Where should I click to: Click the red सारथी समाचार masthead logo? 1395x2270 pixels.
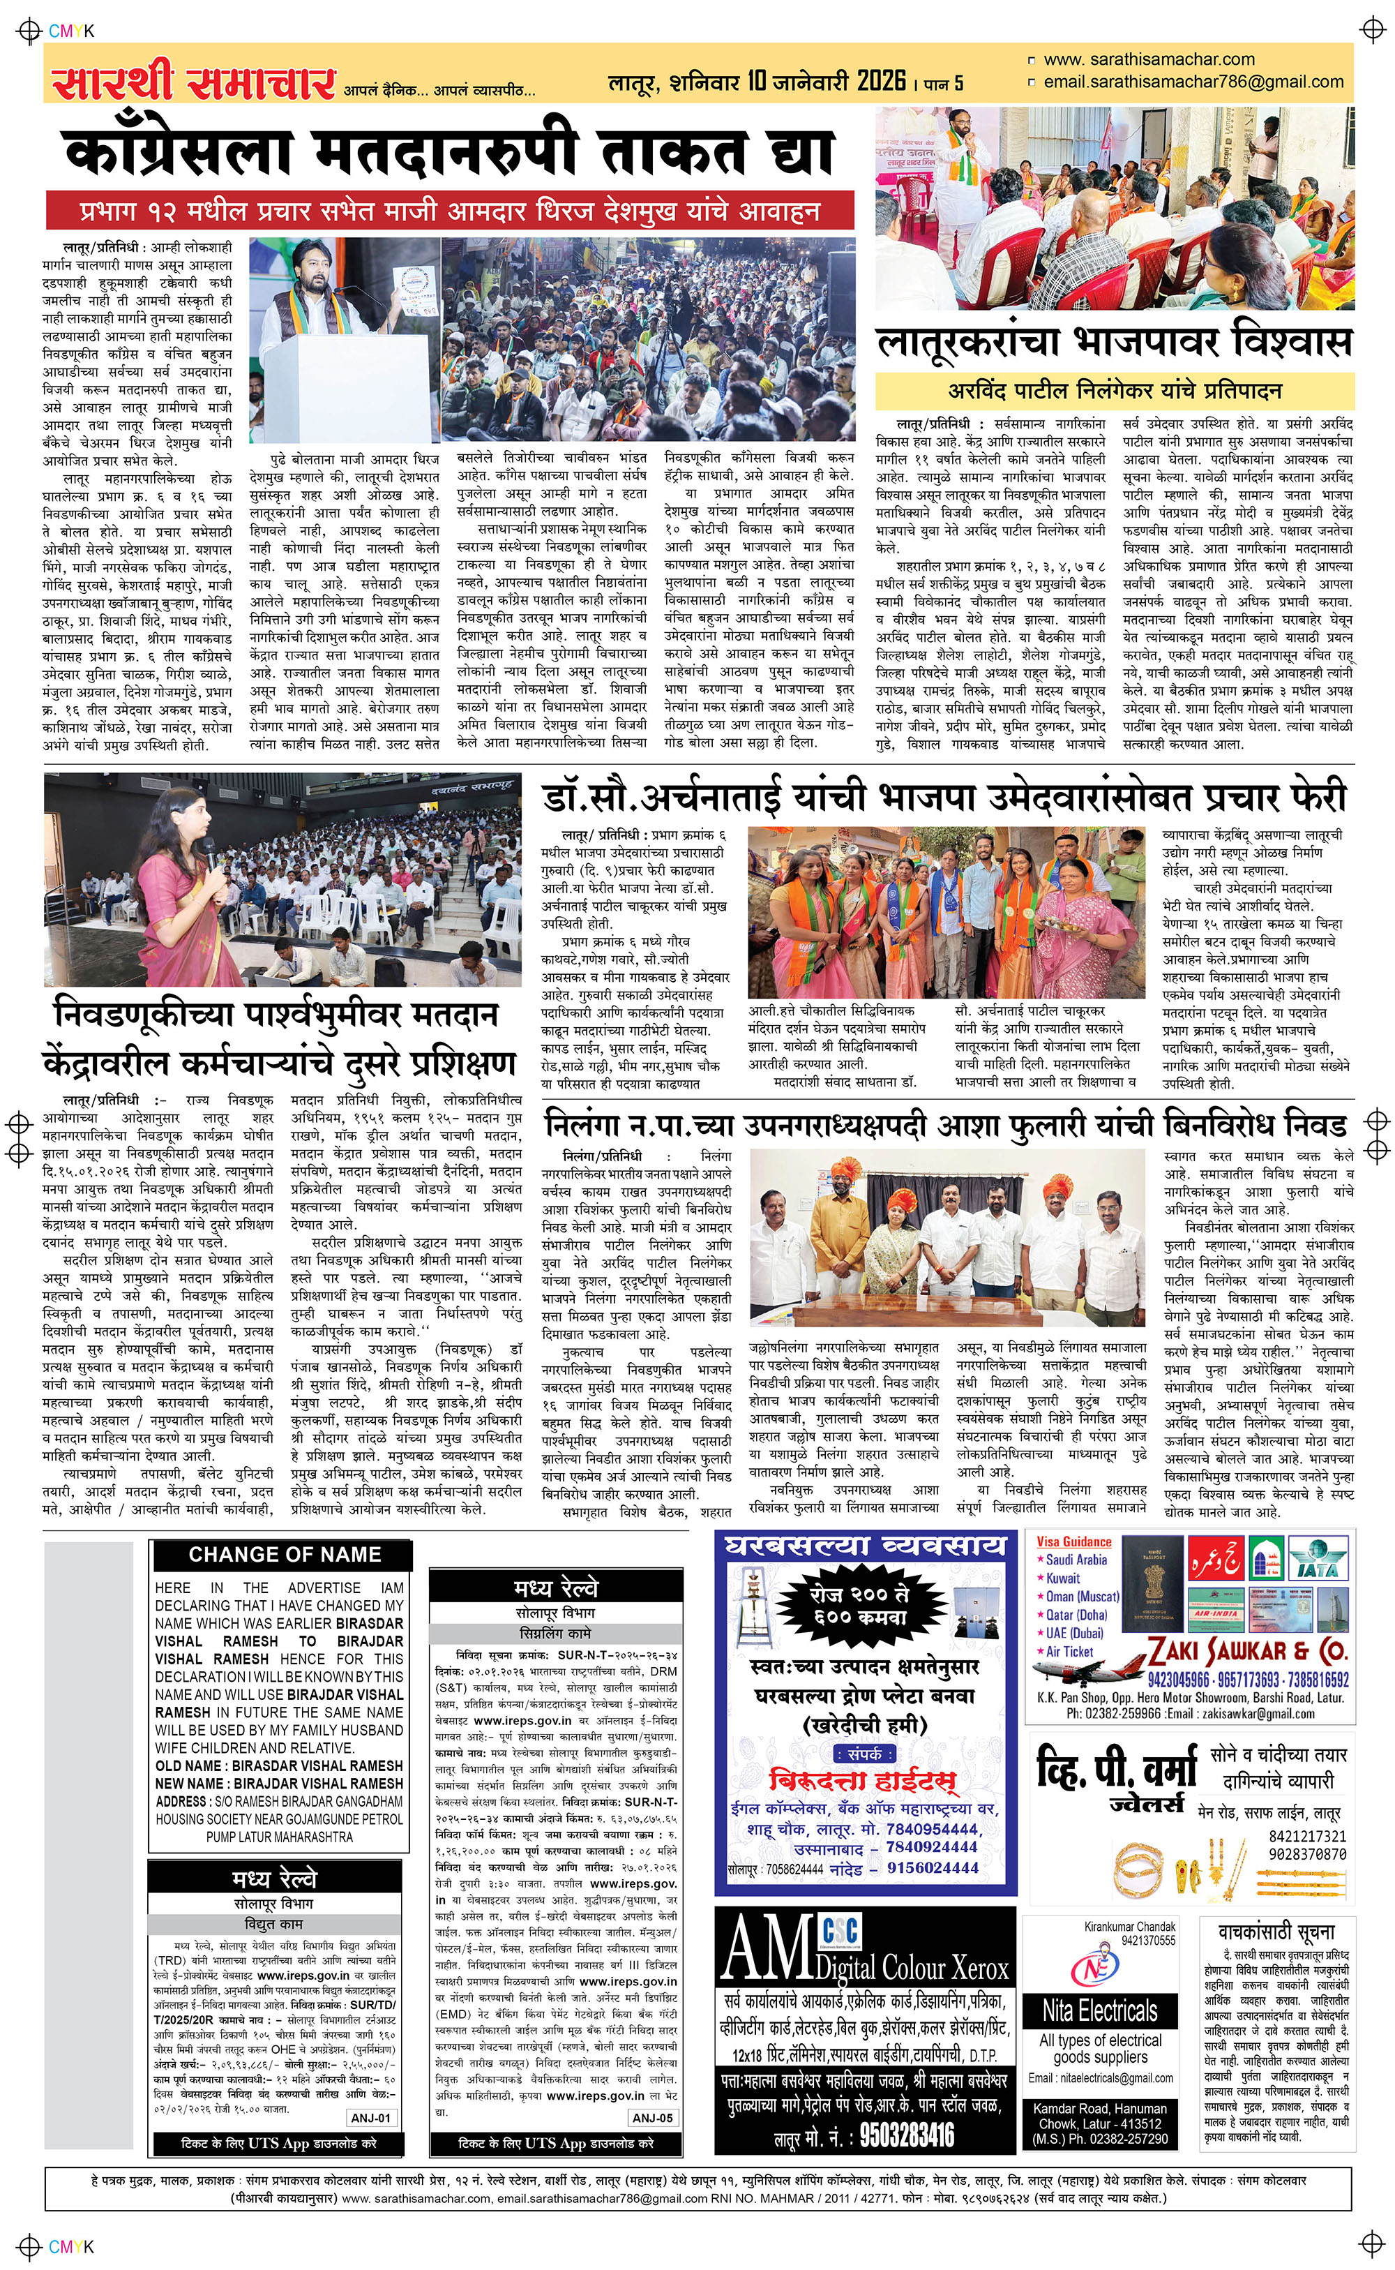tap(194, 84)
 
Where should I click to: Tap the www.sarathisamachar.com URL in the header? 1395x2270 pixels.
tap(1148, 60)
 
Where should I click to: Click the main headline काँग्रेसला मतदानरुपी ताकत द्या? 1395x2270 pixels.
tap(448, 152)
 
